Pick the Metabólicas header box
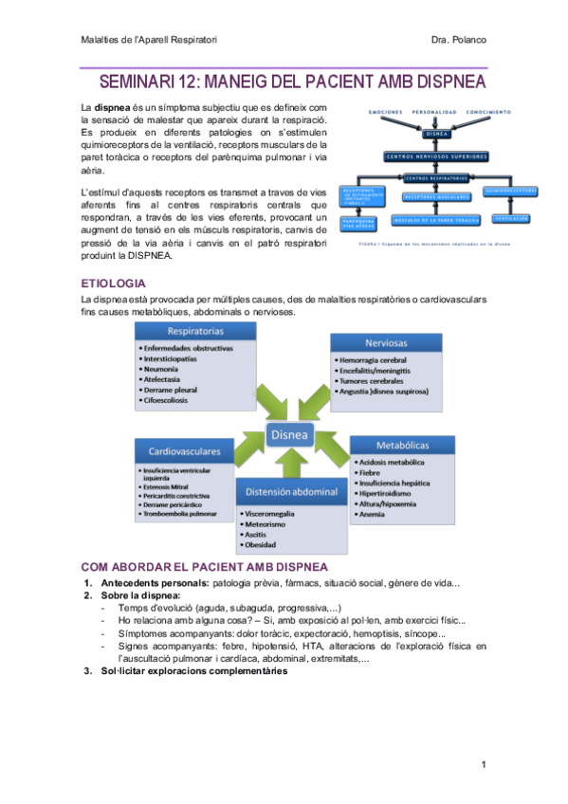[x=401, y=445]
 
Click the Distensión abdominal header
[x=291, y=492]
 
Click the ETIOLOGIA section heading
[x=114, y=283]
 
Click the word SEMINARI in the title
[x=140, y=83]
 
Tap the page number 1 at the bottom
[x=483, y=764]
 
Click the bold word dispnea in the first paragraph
[x=113, y=108]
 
